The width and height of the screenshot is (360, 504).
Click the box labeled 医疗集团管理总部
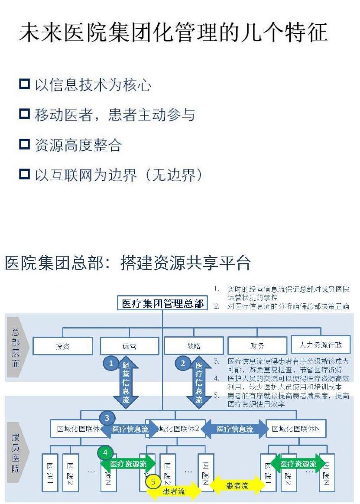162,303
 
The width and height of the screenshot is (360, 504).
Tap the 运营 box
129,346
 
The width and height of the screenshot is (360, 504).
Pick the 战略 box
194,346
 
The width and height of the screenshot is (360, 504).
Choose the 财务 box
257,346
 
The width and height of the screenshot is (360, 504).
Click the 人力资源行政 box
320,345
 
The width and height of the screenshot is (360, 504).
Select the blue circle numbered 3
107,418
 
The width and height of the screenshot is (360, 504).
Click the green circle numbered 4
105,452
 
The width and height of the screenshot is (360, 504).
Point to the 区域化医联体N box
296,429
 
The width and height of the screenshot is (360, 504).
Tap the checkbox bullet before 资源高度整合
24,144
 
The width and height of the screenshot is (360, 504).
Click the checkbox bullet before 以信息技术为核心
24,84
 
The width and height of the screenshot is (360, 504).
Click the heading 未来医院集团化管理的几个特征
173,34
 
